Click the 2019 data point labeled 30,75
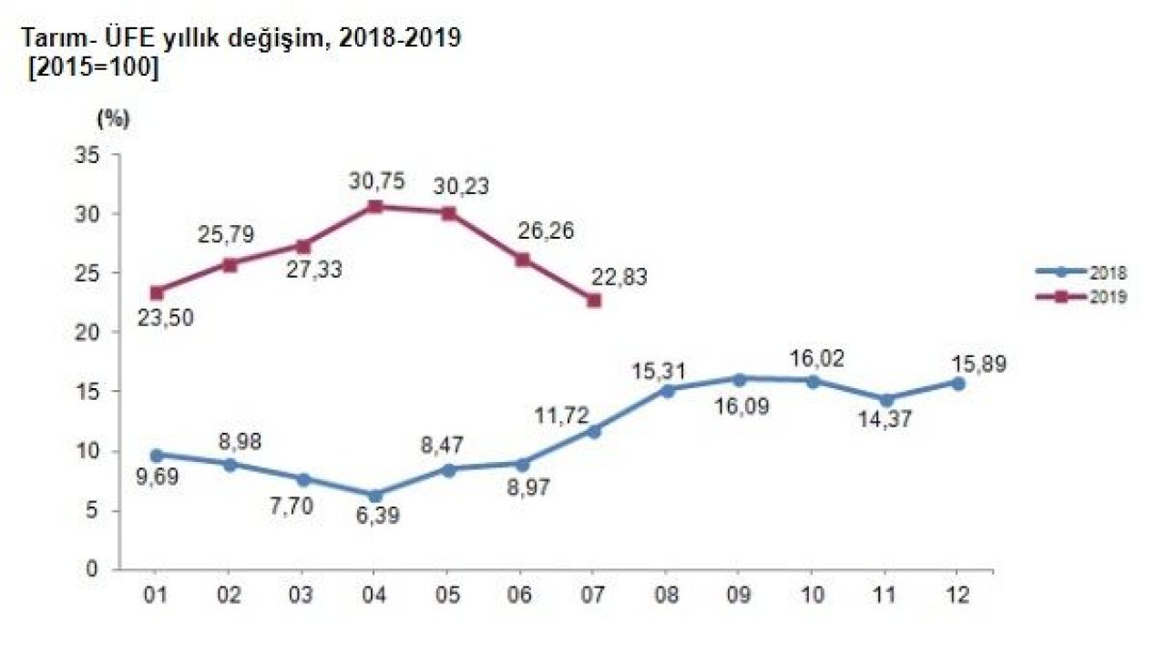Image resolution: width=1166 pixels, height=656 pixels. click(x=374, y=206)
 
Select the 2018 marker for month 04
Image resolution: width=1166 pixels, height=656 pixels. click(x=374, y=495)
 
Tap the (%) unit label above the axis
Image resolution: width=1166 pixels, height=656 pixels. click(x=112, y=119)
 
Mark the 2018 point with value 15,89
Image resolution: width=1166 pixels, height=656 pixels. click(x=957, y=384)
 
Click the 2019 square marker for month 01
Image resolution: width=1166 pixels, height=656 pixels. click(x=157, y=292)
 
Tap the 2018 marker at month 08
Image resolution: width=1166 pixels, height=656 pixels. click(x=667, y=390)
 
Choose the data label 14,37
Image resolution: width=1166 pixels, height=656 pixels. click(x=886, y=423)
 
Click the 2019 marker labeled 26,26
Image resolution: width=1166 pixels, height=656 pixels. click(x=521, y=260)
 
